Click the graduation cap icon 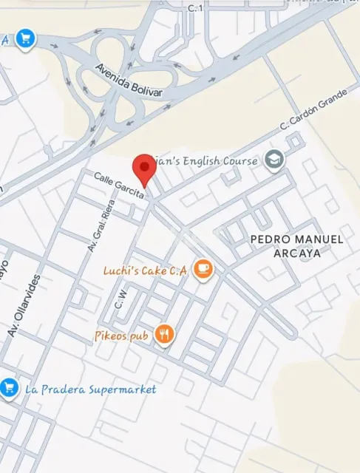[x=274, y=160]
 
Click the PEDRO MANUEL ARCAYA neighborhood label [x=296, y=246]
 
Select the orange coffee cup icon [x=203, y=270]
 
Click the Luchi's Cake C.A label [x=144, y=271]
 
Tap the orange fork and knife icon [x=164, y=335]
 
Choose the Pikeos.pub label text [x=122, y=336]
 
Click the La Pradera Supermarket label [x=90, y=389]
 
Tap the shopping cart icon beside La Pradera [x=9, y=387]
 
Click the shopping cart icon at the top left [x=26, y=38]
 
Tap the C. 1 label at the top [x=195, y=7]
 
